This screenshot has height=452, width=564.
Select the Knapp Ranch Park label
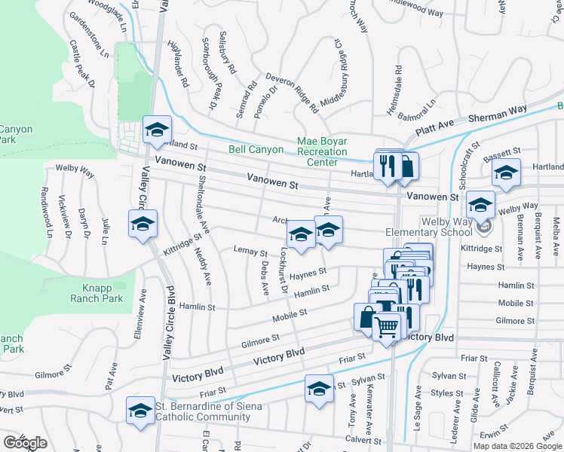103,293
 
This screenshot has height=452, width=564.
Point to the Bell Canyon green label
256,150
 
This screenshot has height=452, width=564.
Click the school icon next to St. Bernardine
140,411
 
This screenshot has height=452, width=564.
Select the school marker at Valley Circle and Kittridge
143,224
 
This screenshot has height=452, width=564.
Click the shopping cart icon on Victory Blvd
387,328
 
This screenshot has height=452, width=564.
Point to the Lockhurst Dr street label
284,273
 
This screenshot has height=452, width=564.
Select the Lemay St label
250,250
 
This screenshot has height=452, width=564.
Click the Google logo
25,443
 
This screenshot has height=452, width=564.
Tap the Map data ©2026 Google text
517,446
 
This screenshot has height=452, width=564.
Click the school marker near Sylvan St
319,389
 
